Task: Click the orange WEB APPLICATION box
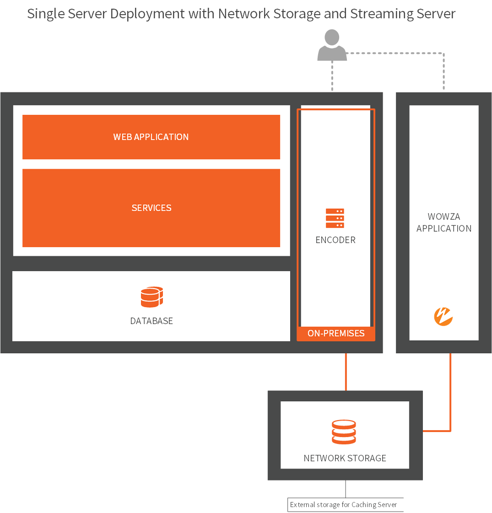(x=151, y=137)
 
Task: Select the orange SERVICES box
(x=151, y=208)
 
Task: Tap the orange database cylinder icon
(x=152, y=297)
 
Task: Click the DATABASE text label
(x=151, y=321)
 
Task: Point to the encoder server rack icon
(x=335, y=218)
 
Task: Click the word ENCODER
(x=335, y=240)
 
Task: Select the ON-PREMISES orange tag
(x=336, y=333)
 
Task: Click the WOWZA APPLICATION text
(x=443, y=222)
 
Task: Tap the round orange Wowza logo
(x=443, y=316)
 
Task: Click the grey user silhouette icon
(x=332, y=46)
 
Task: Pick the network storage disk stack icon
(x=344, y=432)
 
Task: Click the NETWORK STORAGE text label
(x=345, y=458)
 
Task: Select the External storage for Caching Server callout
(x=343, y=505)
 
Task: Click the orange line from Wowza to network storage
(x=450, y=394)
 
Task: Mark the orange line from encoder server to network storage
(x=346, y=372)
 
